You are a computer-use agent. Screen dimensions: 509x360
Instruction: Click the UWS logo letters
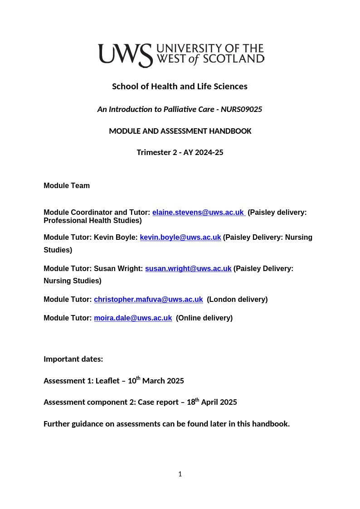[125, 55]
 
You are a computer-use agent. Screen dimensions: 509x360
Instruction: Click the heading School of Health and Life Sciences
[180, 86]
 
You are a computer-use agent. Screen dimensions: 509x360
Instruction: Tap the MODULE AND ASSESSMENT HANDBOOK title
[180, 131]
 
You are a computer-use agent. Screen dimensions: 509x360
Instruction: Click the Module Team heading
[67, 185]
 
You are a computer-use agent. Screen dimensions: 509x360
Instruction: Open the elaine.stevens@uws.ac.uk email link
[198, 212]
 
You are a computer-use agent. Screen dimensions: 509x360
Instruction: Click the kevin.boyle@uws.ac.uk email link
[180, 237]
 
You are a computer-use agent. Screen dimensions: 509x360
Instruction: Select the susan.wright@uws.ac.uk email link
[188, 268]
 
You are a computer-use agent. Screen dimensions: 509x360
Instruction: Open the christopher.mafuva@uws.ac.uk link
[148, 299]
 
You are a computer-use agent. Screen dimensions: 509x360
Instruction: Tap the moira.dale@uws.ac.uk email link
[133, 318]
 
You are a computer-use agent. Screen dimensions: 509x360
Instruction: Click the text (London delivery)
[237, 299]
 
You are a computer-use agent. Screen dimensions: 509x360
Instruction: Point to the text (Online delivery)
[204, 318]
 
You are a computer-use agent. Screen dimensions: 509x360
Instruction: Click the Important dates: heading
[73, 359]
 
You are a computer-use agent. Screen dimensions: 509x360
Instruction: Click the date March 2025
[163, 381]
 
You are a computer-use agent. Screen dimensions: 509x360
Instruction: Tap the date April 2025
[219, 402]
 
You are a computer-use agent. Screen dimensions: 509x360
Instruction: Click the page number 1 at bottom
[180, 474]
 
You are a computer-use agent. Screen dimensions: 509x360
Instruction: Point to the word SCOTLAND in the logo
[234, 59]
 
